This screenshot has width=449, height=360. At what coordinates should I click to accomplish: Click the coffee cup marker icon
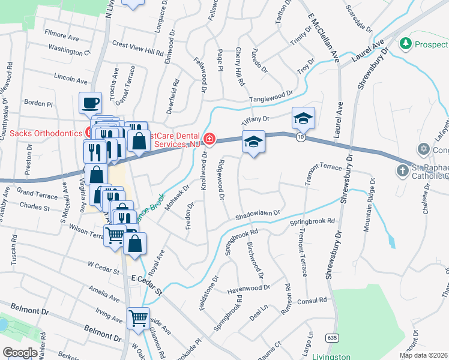pyautogui.click(x=90, y=103)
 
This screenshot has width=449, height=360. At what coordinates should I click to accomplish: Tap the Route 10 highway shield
pyautogui.click(x=300, y=137)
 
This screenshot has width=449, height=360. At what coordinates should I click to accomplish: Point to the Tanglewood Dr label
pyautogui.click(x=271, y=97)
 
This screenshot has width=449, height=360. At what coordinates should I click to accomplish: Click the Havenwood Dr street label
pyautogui.click(x=252, y=289)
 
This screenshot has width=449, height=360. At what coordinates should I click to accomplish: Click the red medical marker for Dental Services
pyautogui.click(x=209, y=139)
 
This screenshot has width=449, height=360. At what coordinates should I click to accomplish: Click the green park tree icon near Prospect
pyautogui.click(x=406, y=44)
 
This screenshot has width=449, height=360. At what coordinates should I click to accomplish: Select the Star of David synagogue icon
pyautogui.click(x=423, y=148)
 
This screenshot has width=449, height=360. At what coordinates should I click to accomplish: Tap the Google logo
pyautogui.click(x=20, y=353)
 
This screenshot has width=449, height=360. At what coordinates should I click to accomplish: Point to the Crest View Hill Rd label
pyautogui.click(x=138, y=44)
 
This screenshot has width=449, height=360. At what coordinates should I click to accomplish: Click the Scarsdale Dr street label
pyautogui.click(x=359, y=19)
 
